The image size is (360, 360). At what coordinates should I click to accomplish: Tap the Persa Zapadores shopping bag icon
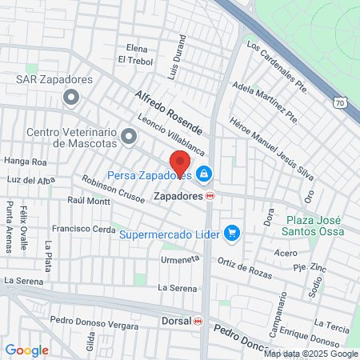pos(205,173)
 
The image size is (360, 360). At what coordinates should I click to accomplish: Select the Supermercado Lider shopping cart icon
pos(232,233)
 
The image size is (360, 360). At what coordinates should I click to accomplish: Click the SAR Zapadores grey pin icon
pos(71,98)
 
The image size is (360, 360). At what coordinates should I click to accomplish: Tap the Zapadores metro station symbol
pos(210,194)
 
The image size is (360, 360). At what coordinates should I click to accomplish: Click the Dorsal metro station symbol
pos(198,321)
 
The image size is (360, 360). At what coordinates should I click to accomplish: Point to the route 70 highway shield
pos(340,102)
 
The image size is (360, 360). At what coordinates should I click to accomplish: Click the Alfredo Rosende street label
pos(168,111)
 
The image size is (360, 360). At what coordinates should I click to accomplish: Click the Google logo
pos(26,350)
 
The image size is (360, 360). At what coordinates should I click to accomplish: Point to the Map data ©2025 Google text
pos(311,354)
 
